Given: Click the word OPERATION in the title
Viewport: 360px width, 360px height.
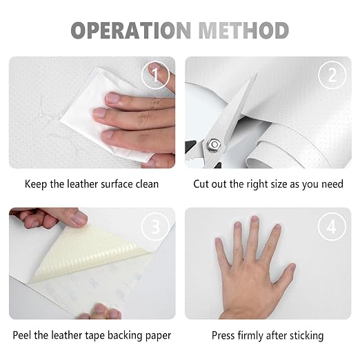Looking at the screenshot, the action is tap(131, 30).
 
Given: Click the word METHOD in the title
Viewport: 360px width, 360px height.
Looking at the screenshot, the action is tap(243, 30).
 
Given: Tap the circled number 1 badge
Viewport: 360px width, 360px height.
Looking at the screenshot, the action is tap(156, 75).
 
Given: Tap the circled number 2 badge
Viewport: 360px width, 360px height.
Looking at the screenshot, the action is tap(332, 75).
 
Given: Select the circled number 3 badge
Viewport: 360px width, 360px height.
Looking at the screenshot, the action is tap(156, 227).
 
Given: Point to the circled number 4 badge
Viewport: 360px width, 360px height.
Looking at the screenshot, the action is tap(332, 227).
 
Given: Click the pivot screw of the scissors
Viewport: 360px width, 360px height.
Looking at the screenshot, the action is tap(214, 145).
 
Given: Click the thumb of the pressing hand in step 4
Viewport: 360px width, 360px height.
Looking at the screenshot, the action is tap(285, 274).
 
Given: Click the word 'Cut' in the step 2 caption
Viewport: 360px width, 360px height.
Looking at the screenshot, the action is tap(201, 184).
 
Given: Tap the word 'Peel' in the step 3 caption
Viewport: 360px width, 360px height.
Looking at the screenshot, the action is tap(22, 335).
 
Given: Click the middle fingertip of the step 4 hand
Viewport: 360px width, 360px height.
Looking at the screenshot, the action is tap(254, 219).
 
